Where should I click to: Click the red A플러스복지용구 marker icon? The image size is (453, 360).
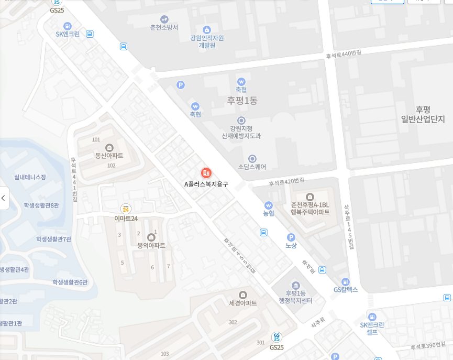click(206, 173)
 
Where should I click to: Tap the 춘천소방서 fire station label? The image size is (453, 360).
click(164, 27)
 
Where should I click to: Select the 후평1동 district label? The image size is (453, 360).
click(242, 100)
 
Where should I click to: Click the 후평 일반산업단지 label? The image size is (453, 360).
click(423, 114)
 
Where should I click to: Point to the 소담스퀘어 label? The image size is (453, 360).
click(252, 167)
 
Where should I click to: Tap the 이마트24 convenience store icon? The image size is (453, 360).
click(126, 209)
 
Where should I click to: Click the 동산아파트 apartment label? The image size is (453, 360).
click(109, 156)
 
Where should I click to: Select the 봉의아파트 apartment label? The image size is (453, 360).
click(151, 245)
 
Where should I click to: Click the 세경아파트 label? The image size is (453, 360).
click(242, 303)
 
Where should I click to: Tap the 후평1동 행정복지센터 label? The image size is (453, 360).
click(295, 297)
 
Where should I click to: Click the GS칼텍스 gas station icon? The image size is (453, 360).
click(345, 282)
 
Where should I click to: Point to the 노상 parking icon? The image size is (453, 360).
click(291, 237)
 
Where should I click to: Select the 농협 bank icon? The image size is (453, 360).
click(269, 205)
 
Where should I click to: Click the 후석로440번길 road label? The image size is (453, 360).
click(344, 54)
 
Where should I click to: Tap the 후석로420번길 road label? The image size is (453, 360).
click(286, 182)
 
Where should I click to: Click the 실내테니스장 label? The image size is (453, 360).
click(30, 177)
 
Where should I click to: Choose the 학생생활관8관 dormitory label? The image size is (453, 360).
click(41, 205)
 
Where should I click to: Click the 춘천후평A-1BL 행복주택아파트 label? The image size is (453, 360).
click(310, 209)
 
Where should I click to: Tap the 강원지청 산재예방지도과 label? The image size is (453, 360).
click(241, 132)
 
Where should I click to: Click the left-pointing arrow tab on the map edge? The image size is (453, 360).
click(4, 198)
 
